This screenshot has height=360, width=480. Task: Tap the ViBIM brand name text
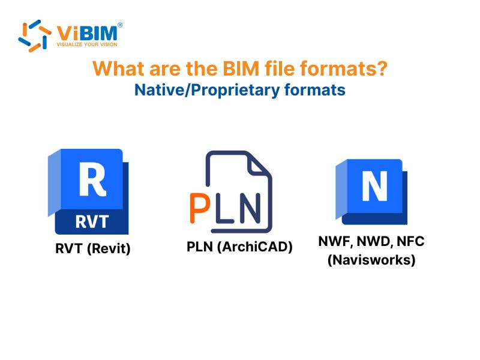[x=86, y=31]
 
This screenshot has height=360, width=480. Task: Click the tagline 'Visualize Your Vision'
[x=86, y=44]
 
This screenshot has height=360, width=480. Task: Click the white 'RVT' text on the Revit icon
[x=92, y=221]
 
